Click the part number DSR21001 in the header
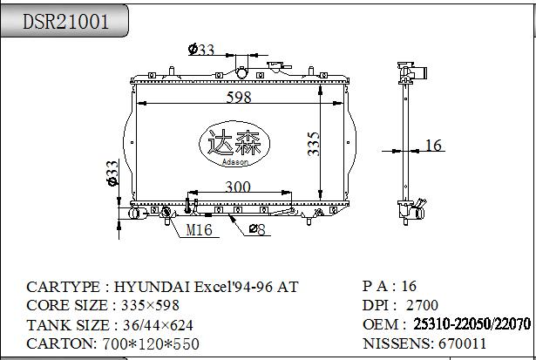point(65,21)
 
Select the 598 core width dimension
point(239,97)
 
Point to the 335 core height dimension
point(313,145)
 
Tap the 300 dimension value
point(238,187)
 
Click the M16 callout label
point(200,230)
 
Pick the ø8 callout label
point(257,229)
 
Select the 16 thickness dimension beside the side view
point(433,146)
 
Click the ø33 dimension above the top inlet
point(201,49)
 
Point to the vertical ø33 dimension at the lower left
point(112,173)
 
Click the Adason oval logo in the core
point(234,144)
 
